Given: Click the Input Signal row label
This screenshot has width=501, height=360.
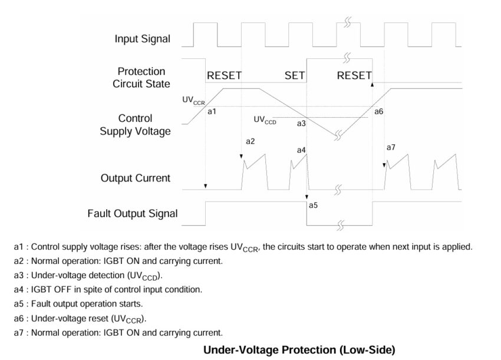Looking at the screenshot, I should click(x=142, y=39).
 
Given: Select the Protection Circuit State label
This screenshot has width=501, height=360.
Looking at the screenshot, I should click(x=141, y=78).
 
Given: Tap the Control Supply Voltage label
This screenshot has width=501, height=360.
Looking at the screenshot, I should click(x=136, y=125).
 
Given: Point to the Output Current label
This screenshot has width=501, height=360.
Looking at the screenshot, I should click(x=136, y=178).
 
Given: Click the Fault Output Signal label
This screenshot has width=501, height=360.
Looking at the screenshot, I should click(x=133, y=213).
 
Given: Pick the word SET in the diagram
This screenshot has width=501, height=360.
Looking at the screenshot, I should click(x=295, y=76).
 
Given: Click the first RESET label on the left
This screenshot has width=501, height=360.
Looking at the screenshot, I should click(x=224, y=76).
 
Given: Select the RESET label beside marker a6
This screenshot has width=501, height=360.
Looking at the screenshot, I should click(x=354, y=76).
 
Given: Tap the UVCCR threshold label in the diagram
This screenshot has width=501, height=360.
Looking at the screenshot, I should click(x=193, y=101).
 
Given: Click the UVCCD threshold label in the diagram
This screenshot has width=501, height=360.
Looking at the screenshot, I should click(x=265, y=120).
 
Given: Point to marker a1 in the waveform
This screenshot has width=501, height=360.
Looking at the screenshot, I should click(x=213, y=111).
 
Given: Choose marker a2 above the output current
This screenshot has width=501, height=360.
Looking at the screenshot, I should click(x=250, y=141).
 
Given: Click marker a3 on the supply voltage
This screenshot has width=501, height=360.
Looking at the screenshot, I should click(x=301, y=124).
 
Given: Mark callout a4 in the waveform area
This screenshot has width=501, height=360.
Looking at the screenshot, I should click(x=301, y=150).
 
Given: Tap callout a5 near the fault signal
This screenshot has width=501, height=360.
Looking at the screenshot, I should click(x=313, y=206).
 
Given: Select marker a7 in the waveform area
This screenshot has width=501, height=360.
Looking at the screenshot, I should click(x=391, y=147).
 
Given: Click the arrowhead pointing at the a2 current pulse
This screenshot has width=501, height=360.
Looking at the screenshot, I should click(x=242, y=156).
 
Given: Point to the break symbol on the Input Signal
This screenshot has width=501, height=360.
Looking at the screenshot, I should click(x=348, y=23).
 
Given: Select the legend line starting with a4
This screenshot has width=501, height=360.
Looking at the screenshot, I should click(x=108, y=289).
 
